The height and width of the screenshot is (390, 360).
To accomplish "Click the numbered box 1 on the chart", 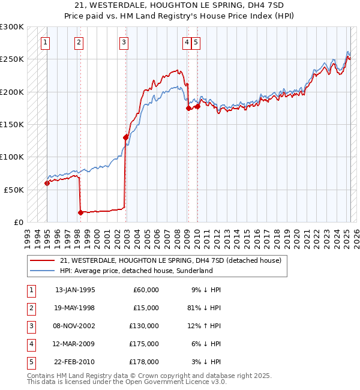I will click(46, 42).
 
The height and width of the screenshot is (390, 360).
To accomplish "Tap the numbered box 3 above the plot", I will click(123, 42).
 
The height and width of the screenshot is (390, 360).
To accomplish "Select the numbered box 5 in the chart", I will click(196, 42).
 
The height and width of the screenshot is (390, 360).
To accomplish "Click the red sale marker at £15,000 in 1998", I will click(80, 212).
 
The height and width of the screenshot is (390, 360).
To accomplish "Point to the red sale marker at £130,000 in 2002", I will click(125, 137).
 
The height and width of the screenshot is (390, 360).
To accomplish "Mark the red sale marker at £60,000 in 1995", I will click(47, 183).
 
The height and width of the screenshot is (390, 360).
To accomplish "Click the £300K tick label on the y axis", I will click(12, 27).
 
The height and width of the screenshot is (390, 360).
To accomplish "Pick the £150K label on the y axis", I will click(12, 124).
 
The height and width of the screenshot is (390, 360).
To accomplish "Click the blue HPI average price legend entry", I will click(136, 271).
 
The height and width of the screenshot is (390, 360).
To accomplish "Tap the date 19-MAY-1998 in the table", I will click(75, 308).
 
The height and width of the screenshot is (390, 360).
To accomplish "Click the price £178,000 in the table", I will click(144, 362).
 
